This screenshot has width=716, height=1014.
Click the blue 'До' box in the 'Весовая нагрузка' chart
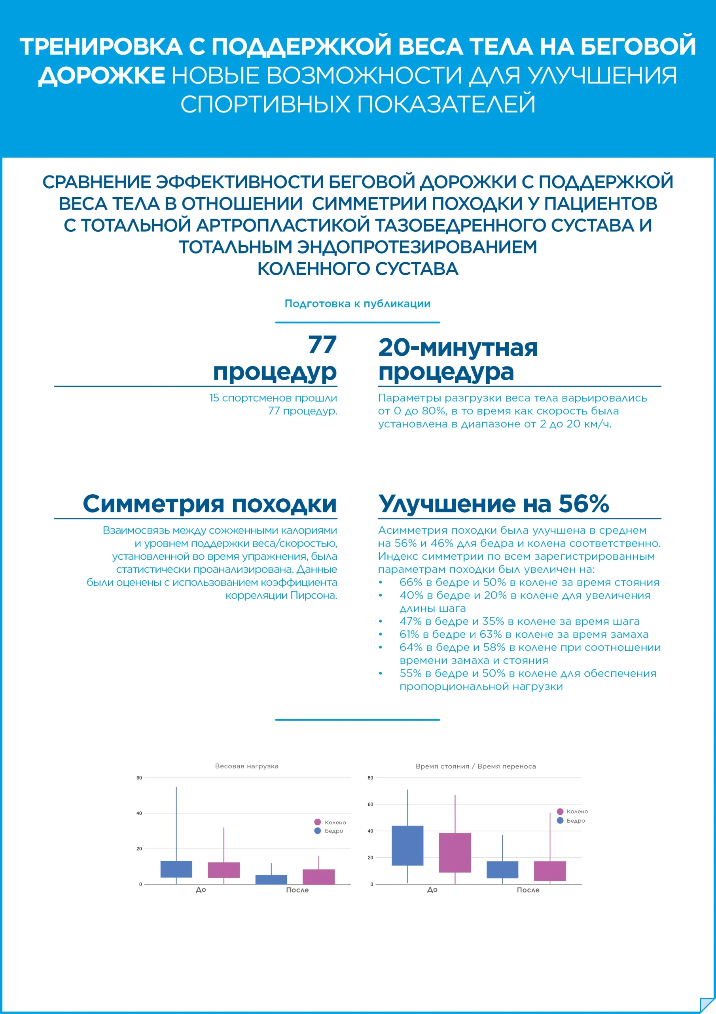coord(176,869)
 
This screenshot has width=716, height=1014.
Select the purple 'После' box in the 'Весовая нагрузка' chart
coord(318,877)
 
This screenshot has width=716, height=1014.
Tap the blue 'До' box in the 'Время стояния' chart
coord(407,845)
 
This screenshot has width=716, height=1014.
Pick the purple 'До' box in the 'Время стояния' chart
coord(455,852)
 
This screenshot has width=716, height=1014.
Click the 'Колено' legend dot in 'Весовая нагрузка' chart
coord(317,822)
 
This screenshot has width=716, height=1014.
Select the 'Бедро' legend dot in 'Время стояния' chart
coord(560,820)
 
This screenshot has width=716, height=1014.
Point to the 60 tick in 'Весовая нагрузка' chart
coord(139,778)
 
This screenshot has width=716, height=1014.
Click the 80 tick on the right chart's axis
coord(370,778)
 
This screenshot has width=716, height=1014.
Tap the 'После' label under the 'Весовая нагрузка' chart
coord(297,890)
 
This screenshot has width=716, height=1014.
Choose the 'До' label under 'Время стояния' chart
coord(432,890)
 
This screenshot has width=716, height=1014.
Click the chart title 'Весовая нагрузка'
coord(246,766)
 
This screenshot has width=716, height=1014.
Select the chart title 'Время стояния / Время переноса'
coord(475,766)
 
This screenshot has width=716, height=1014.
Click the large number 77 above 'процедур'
coord(322,345)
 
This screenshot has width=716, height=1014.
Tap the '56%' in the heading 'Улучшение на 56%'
coord(583,503)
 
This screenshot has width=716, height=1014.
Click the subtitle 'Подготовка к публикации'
coord(357,303)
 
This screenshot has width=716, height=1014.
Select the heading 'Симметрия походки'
coord(210,503)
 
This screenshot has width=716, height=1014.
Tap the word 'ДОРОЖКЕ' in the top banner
coord(102,76)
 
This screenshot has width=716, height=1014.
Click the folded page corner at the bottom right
coord(707,1005)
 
